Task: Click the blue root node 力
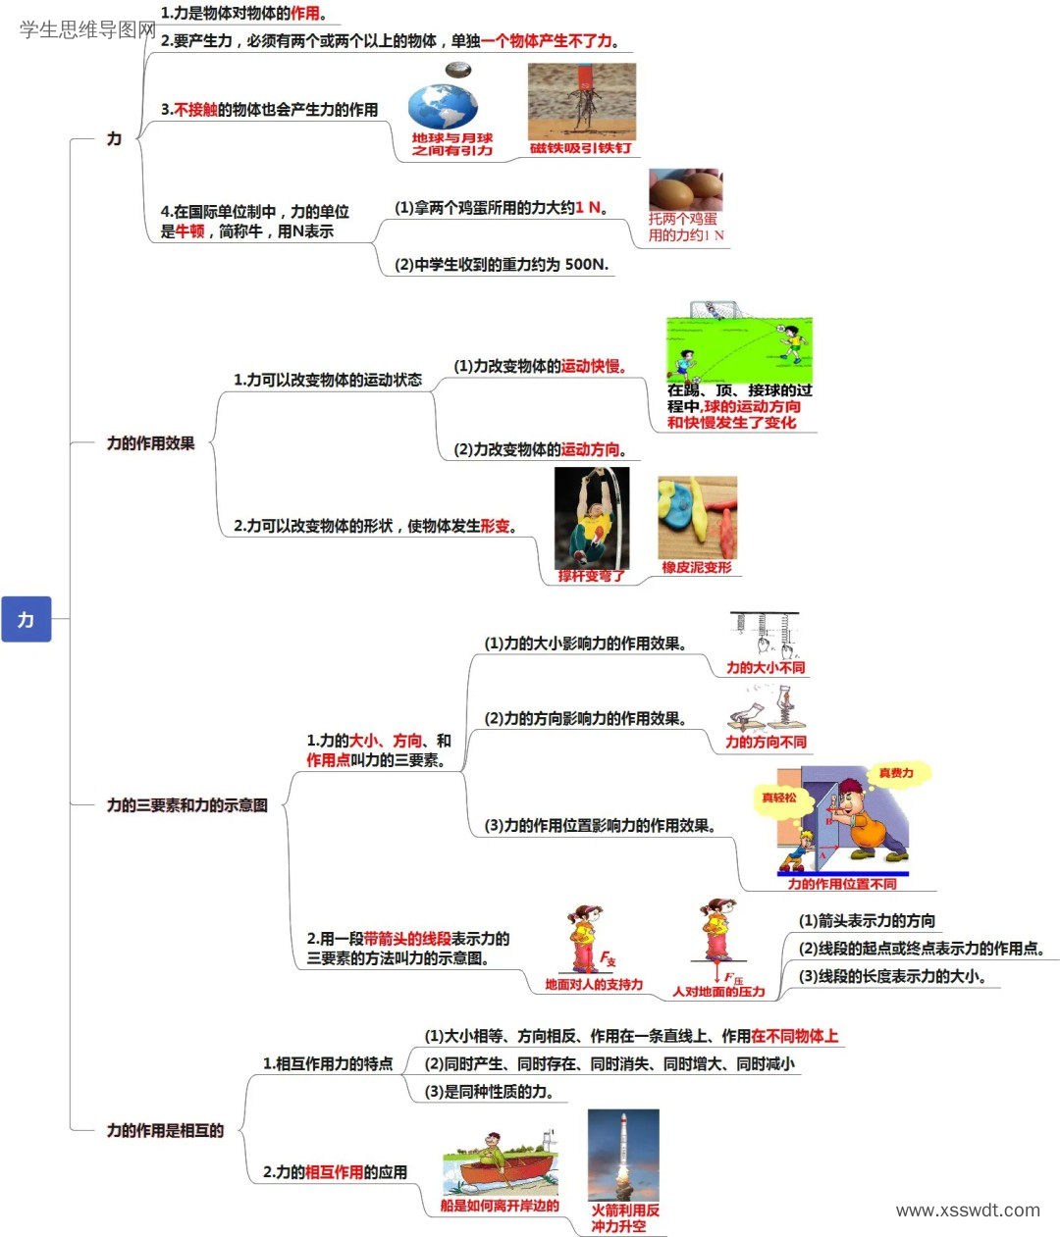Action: pos(26,619)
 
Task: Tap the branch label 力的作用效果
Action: pos(151,443)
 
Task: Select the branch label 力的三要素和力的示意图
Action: pos(186,805)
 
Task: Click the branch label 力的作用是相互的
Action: pos(165,1130)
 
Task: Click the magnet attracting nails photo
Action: pos(581,102)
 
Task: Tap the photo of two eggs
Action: pos(686,189)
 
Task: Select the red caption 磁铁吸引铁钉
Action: pos(580,148)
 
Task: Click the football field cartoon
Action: pos(740,342)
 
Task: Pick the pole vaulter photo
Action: pos(592,518)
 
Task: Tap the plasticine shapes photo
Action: pos(698,518)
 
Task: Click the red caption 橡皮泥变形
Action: pos(697,567)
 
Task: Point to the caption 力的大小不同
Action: pos(766,667)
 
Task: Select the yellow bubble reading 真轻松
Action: pos(779,799)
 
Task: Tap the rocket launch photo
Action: pos(623,1155)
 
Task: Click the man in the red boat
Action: pos(493,1151)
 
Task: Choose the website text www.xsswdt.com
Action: pos(968,1211)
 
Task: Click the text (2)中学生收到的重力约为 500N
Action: pos(502,265)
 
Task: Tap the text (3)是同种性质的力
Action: pos(489,1092)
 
